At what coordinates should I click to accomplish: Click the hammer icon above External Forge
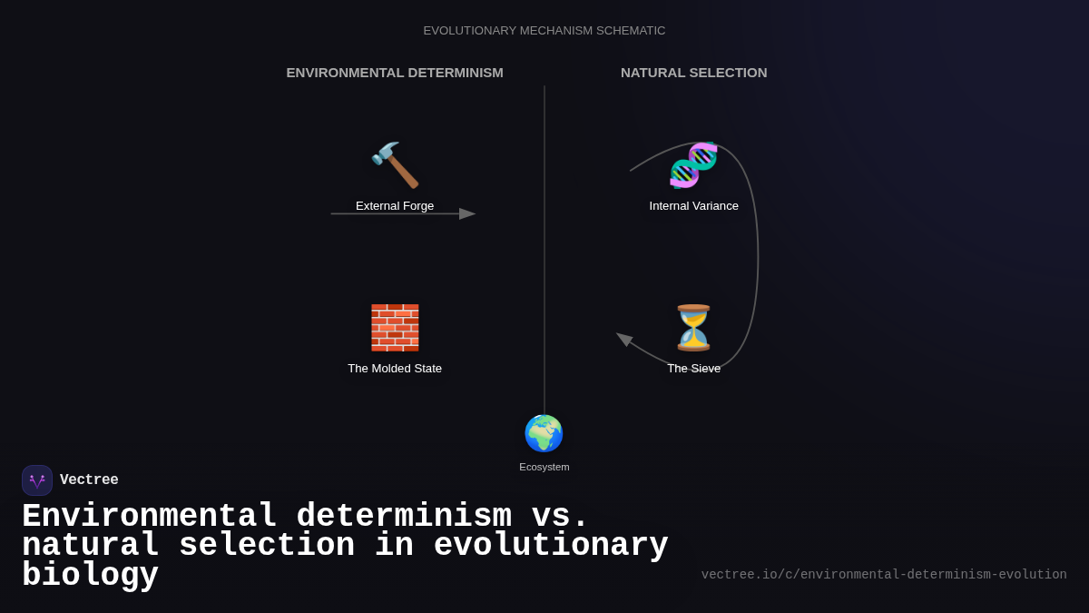(395, 165)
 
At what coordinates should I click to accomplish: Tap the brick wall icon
(395, 328)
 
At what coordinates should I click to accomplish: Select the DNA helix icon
(693, 165)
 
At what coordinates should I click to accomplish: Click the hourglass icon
(693, 328)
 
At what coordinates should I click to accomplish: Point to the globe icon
(544, 433)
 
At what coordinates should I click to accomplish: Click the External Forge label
(395, 206)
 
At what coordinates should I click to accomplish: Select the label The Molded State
(395, 369)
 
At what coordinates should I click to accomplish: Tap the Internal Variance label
(693, 206)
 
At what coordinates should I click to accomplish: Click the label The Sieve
(693, 369)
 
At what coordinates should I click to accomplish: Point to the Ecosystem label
(544, 467)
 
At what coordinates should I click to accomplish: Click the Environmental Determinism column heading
(395, 73)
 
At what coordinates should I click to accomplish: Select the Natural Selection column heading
(693, 73)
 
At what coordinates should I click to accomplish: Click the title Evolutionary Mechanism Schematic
(544, 31)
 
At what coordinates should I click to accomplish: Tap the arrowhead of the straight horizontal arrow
(467, 214)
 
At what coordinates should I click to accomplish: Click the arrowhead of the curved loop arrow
(624, 339)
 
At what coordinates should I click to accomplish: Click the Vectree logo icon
(37, 480)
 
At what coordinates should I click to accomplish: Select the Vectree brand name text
(89, 480)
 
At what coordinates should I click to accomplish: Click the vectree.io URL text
(883, 575)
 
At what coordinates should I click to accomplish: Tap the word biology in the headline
(90, 576)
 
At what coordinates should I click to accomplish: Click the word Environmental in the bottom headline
(149, 517)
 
